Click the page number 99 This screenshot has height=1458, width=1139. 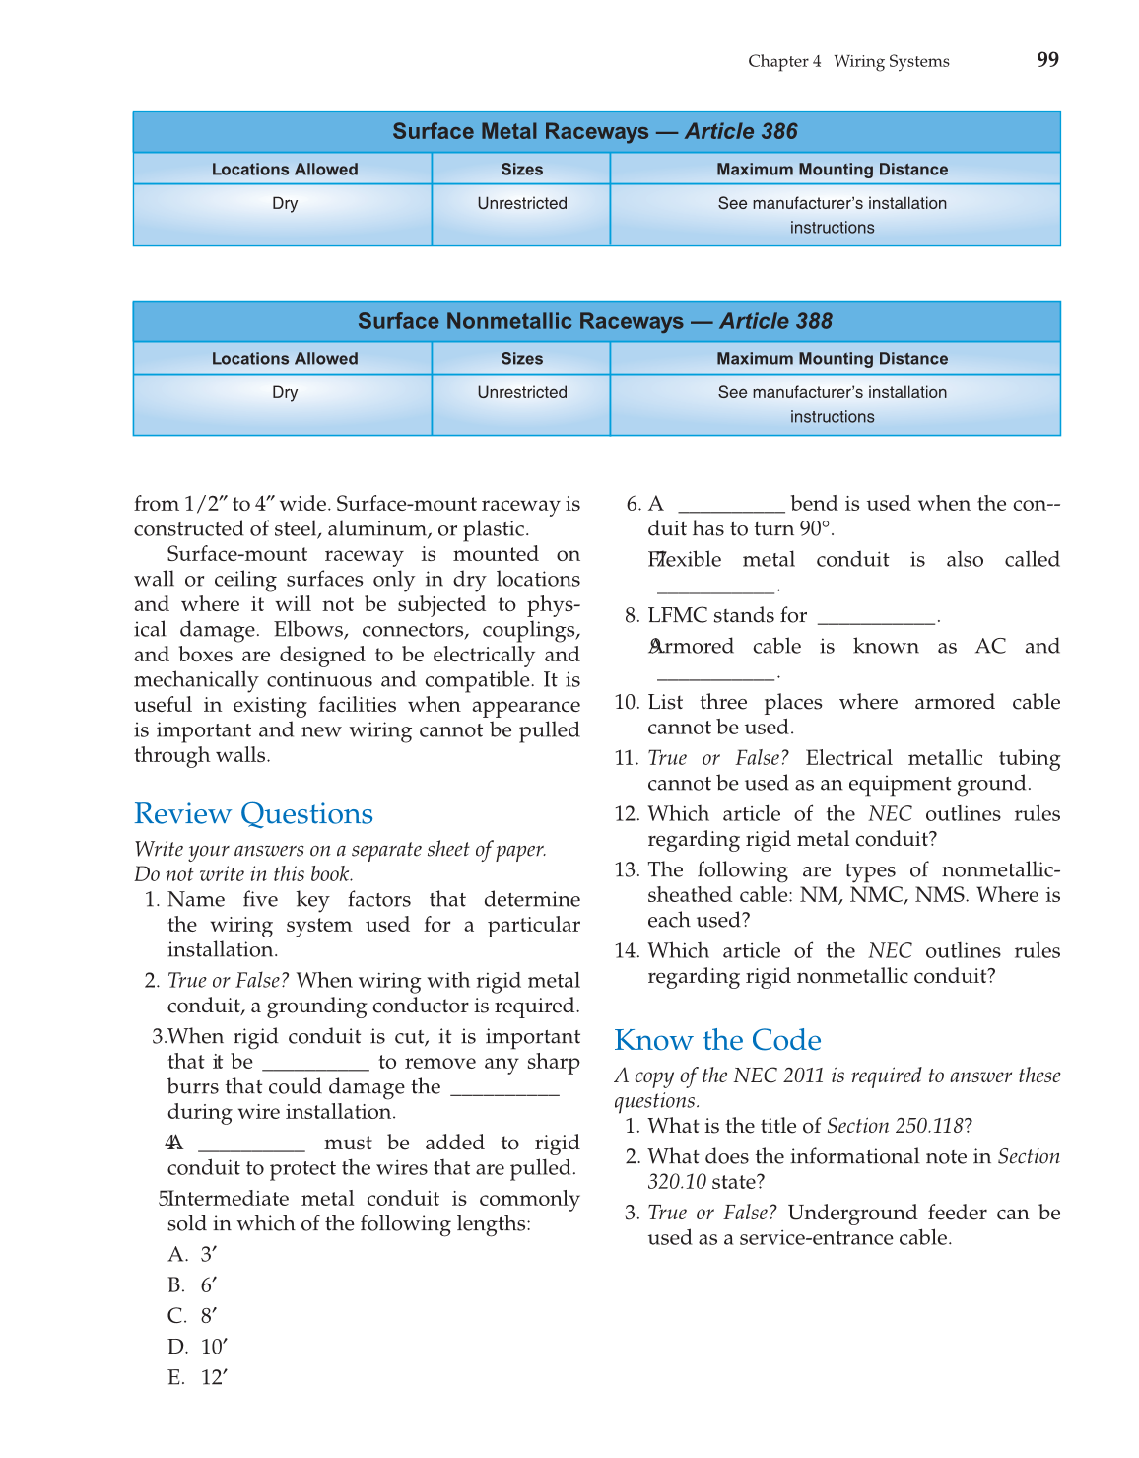coord(1047,60)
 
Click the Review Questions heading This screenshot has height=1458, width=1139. coord(253,814)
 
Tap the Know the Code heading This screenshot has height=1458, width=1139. coord(717,1041)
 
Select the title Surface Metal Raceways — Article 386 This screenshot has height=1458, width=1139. coord(595,132)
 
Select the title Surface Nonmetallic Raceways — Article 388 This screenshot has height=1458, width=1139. coord(595,321)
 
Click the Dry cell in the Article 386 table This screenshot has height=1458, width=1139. coord(285,204)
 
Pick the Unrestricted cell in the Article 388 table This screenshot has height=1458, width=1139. coord(522,393)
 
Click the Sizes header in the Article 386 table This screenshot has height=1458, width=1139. coord(522,170)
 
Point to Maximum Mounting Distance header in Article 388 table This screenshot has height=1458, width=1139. coord(832,359)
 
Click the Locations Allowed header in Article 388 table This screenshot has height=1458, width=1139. coord(285,359)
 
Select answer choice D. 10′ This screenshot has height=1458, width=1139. coord(197,1348)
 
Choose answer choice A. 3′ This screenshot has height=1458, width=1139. coord(192,1255)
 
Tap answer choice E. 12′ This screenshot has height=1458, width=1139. coord(197,1378)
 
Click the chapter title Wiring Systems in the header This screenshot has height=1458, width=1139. coord(891,61)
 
